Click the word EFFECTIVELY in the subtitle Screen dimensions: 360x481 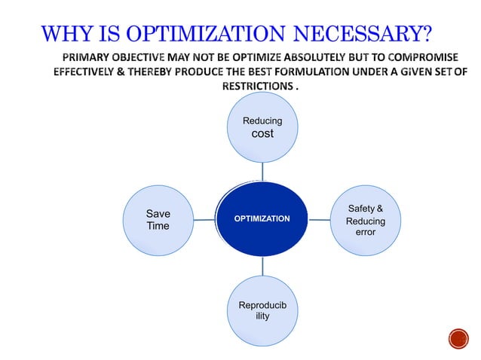[x=87, y=72]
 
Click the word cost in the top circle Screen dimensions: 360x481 [x=262, y=134]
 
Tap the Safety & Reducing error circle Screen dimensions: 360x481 [x=366, y=220]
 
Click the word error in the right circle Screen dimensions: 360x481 [x=366, y=233]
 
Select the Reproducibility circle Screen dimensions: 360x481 [x=262, y=311]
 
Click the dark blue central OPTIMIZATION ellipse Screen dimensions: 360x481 [x=262, y=218]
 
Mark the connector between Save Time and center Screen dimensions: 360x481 [x=204, y=219]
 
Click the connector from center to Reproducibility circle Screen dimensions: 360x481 [x=262, y=266]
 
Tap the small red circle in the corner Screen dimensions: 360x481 [x=458, y=339]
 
